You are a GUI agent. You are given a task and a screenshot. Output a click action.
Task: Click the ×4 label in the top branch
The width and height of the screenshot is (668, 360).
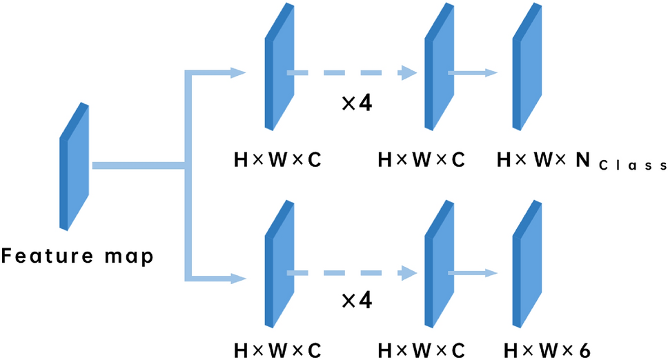(357, 104)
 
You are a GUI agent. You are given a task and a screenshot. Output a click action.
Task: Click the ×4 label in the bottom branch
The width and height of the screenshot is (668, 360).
(357, 301)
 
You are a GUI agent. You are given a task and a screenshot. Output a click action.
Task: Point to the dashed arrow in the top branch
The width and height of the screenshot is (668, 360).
(352, 72)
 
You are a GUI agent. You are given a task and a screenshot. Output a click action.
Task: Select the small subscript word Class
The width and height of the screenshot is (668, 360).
(631, 166)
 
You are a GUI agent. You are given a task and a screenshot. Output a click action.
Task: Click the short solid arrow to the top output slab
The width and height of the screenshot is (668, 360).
(473, 72)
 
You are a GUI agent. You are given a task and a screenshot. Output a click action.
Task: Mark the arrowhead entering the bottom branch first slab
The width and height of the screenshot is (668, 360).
(238, 279)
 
